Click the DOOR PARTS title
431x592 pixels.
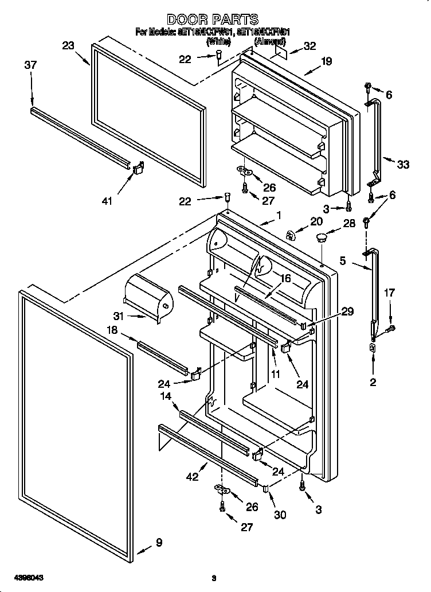point(213,20)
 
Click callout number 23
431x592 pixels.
point(68,45)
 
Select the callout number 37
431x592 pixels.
point(30,65)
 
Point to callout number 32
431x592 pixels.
point(309,46)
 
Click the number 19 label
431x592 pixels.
point(326,61)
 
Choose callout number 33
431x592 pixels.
point(403,165)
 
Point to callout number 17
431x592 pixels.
point(390,293)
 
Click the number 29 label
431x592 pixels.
point(347,311)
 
